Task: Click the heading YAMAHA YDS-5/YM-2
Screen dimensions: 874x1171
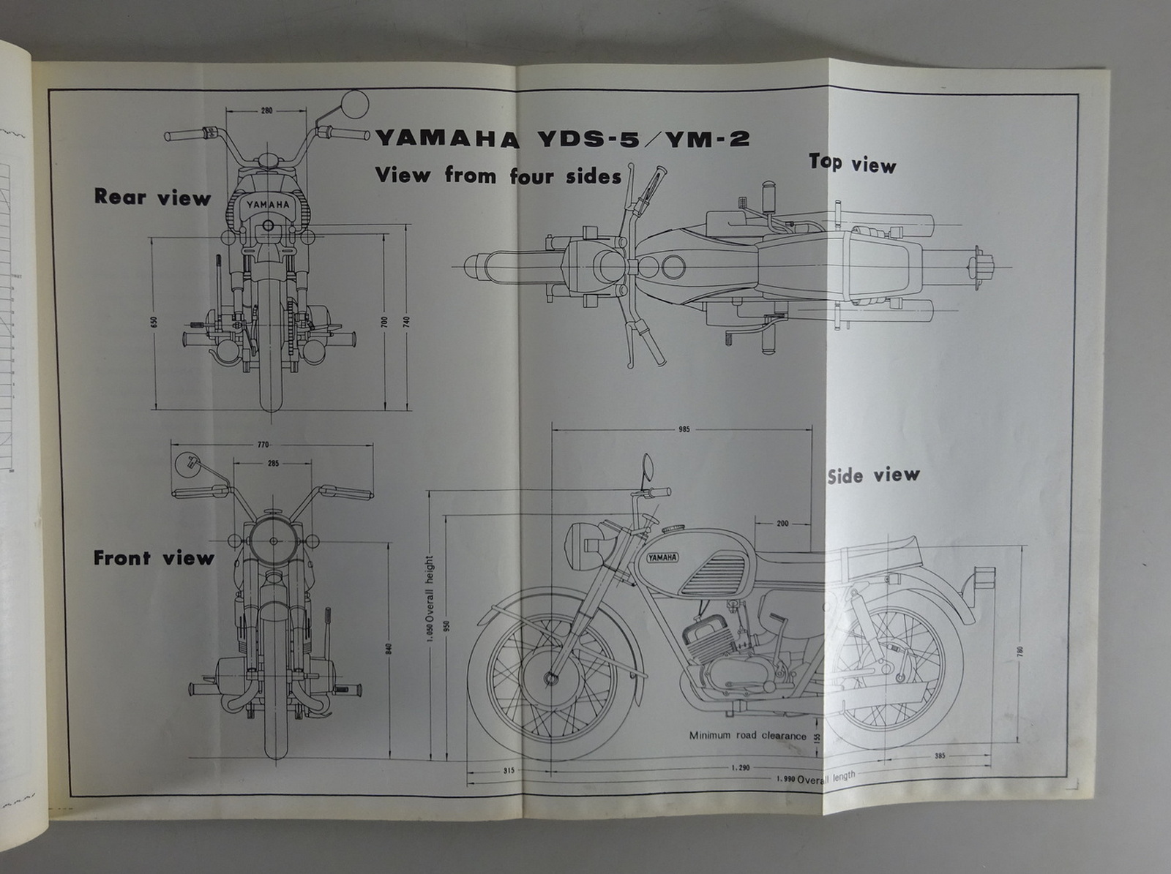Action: [562, 138]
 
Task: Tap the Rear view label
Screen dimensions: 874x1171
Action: [152, 197]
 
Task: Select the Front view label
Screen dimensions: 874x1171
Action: [154, 558]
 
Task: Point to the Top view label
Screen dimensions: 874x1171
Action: [852, 163]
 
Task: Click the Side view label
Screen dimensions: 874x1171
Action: [872, 475]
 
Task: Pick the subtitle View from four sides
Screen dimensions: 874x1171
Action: [498, 176]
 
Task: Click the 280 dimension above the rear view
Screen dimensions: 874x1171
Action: [266, 110]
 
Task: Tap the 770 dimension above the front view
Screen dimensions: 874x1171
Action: [263, 444]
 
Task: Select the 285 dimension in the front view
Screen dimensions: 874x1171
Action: [273, 463]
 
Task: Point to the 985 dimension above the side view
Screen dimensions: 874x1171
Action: [684, 429]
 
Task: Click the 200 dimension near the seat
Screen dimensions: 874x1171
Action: [782, 524]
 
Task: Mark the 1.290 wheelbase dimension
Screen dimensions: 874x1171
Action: [739, 769]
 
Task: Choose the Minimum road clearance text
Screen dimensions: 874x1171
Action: [747, 736]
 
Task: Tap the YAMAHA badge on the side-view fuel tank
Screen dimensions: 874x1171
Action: [662, 557]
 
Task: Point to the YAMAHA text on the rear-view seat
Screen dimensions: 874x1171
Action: [268, 205]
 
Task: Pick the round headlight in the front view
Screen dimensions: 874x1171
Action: [274, 540]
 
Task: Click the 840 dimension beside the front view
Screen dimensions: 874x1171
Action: [389, 649]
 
